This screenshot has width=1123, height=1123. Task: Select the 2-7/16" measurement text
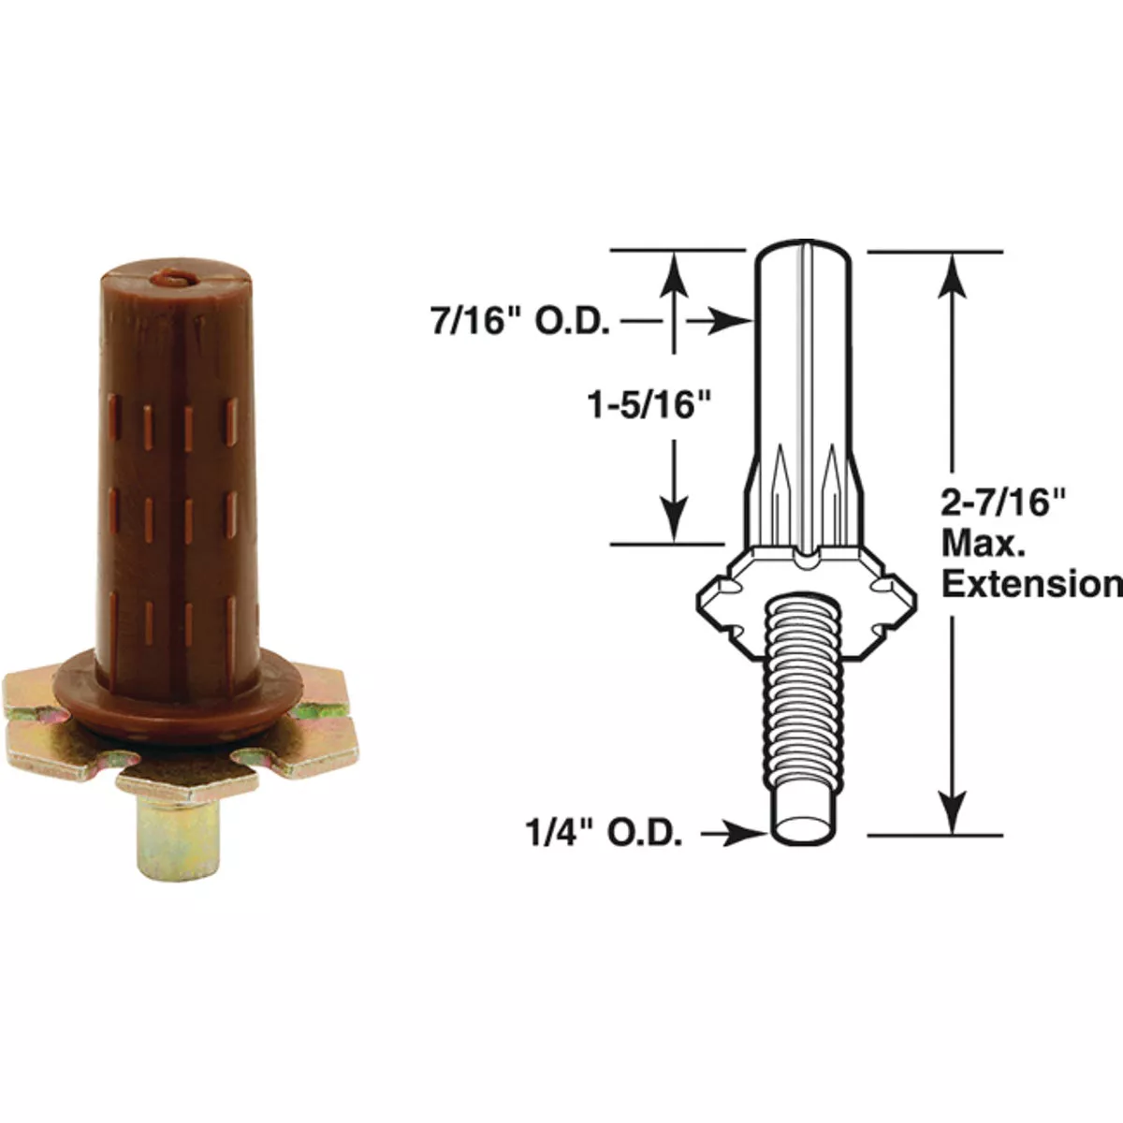[1003, 503]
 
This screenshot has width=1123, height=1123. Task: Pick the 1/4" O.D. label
[604, 834]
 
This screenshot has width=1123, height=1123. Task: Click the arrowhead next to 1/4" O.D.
[753, 833]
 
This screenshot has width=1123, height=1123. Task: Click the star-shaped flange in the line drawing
[721, 599]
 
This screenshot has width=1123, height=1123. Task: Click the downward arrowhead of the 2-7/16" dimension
[953, 812]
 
